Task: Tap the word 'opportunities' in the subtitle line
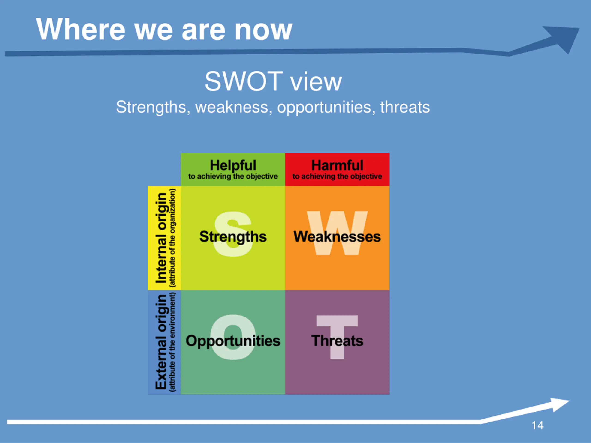tap(324, 107)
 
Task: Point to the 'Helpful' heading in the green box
tap(233, 165)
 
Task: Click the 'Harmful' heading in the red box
tap(337, 165)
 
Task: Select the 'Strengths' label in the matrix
tap(233, 236)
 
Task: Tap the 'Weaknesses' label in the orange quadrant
tap(337, 236)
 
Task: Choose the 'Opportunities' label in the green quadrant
tap(233, 341)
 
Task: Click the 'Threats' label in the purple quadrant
tap(337, 341)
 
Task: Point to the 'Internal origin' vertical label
tap(161, 238)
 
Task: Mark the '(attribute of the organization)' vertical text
tap(173, 238)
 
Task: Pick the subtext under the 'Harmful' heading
tap(337, 177)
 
